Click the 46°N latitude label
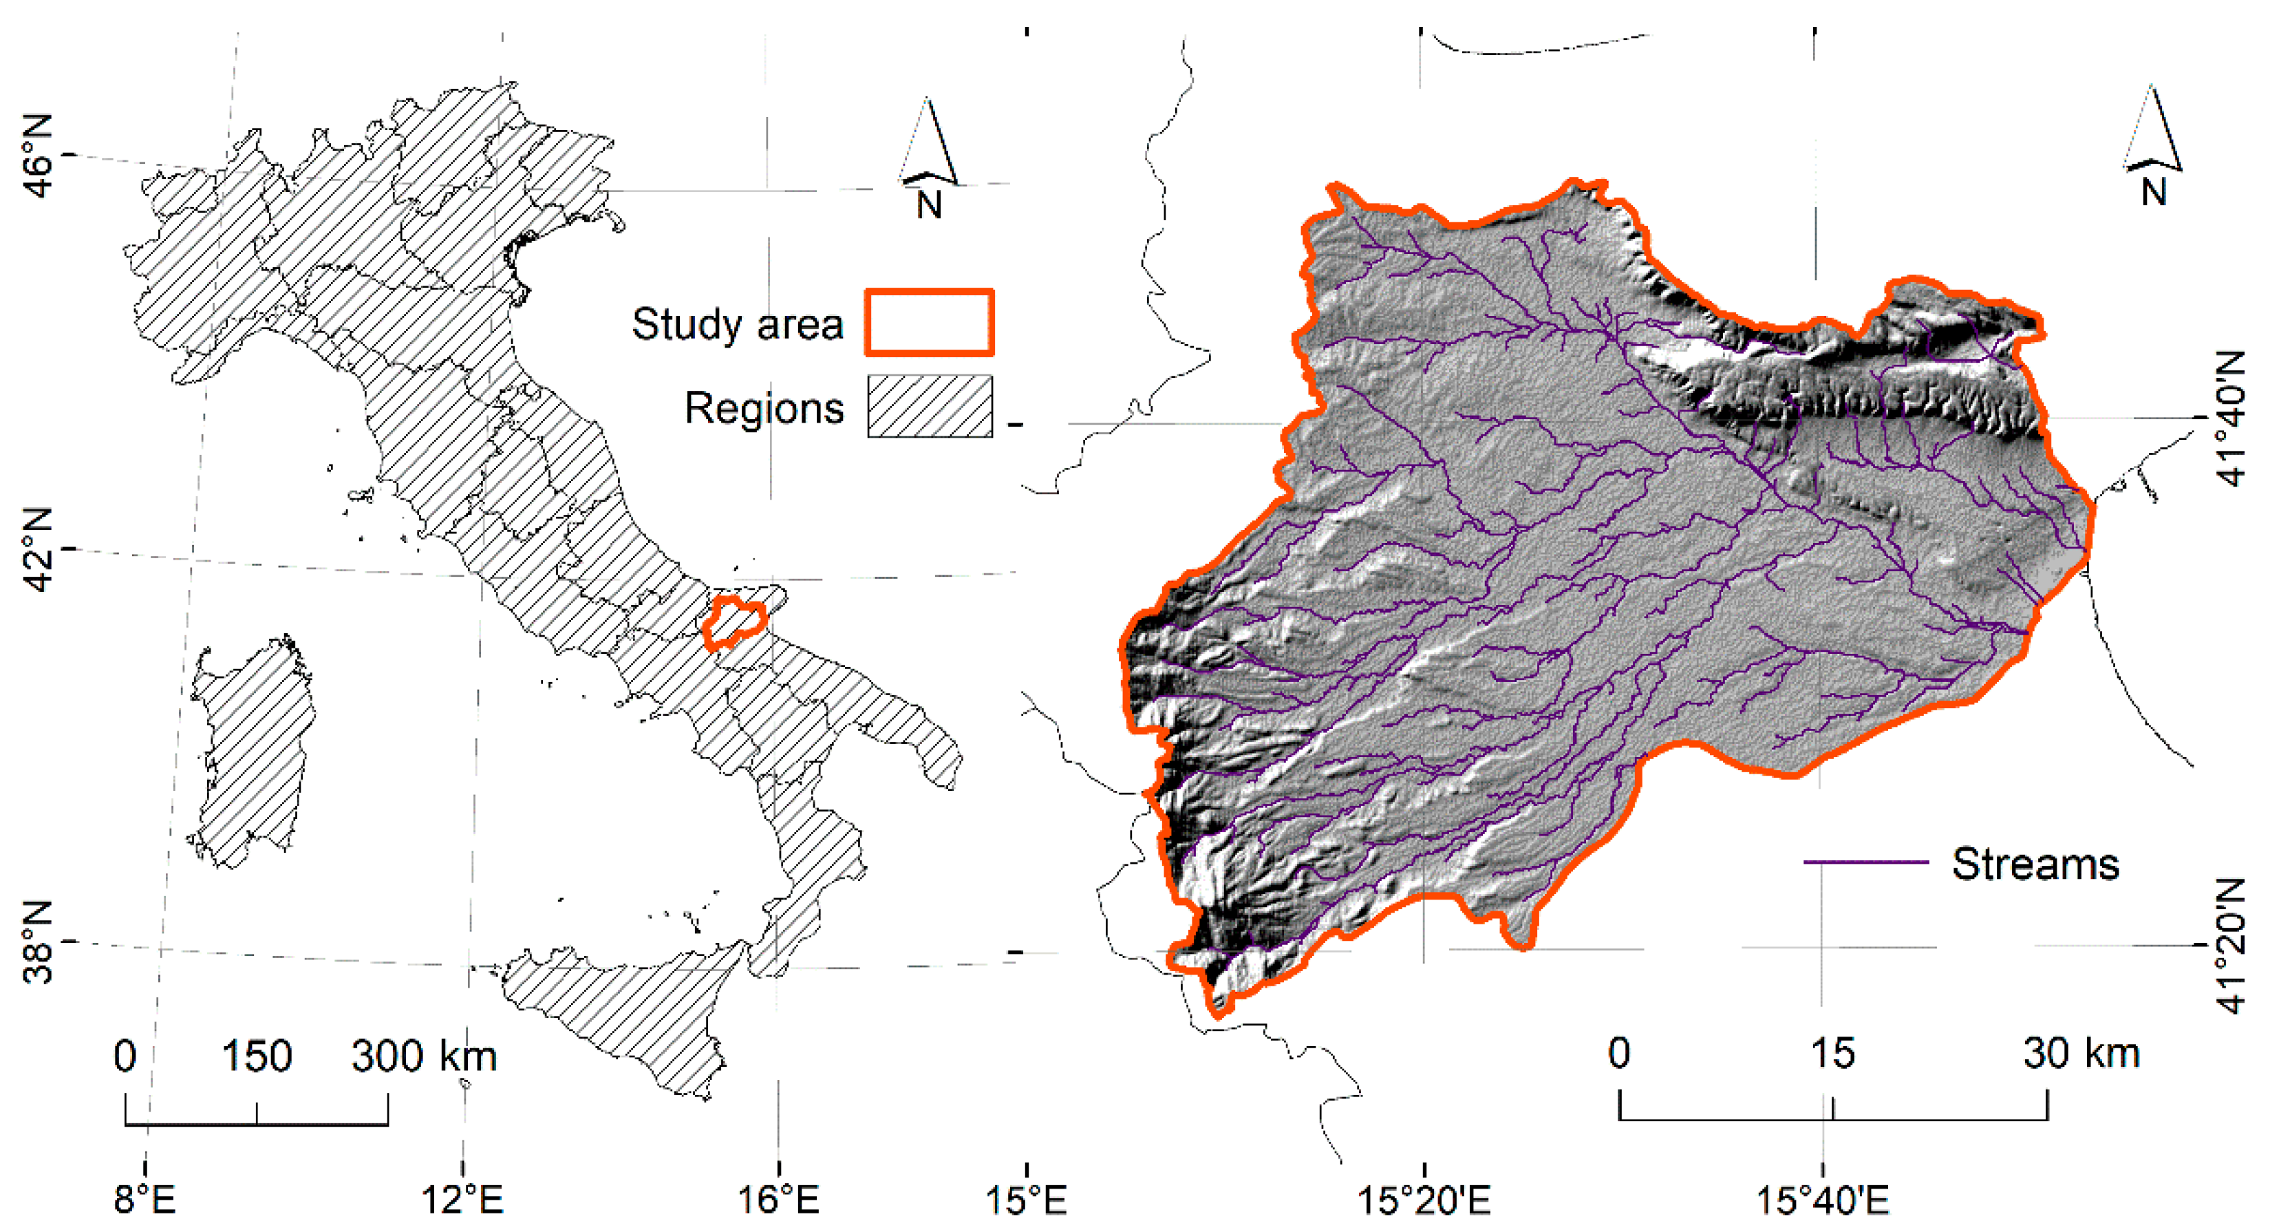[x=37, y=156]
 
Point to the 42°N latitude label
[x=37, y=550]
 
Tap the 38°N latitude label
[x=37, y=942]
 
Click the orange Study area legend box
[x=930, y=323]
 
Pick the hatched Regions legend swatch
[x=930, y=406]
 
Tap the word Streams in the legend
[x=2035, y=864]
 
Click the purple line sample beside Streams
[x=1865, y=861]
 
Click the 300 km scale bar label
[x=424, y=1056]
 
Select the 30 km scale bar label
[x=2081, y=1053]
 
